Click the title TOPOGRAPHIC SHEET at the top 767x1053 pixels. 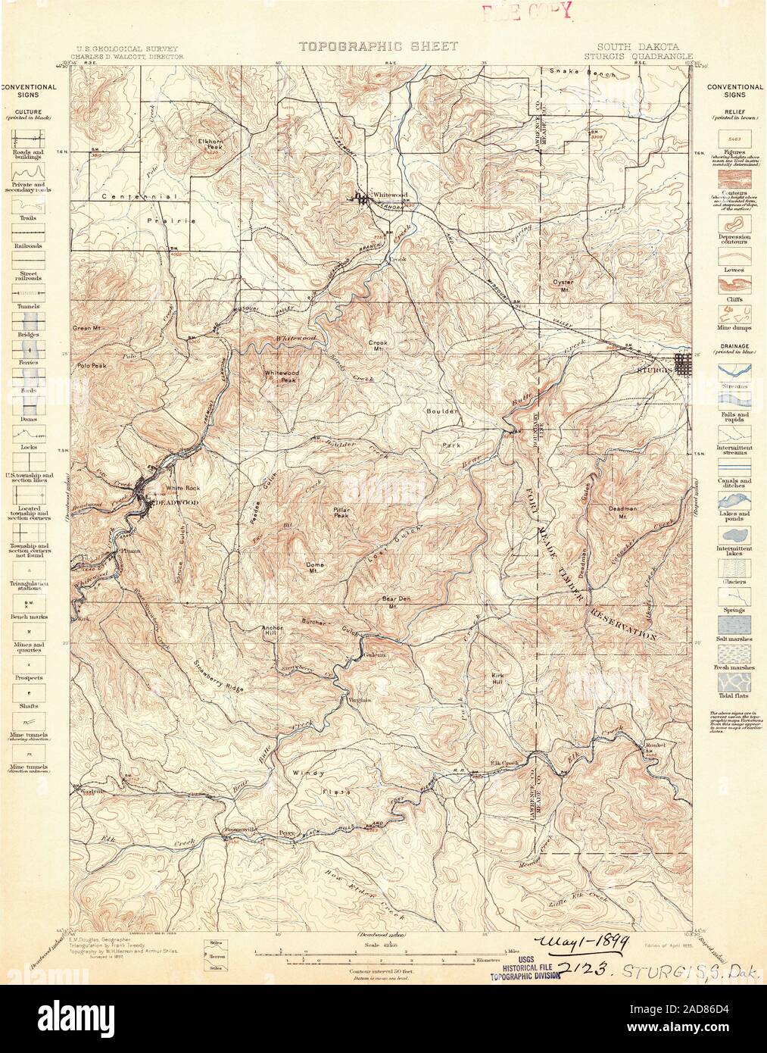tap(378, 47)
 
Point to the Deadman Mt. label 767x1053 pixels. tap(622, 512)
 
